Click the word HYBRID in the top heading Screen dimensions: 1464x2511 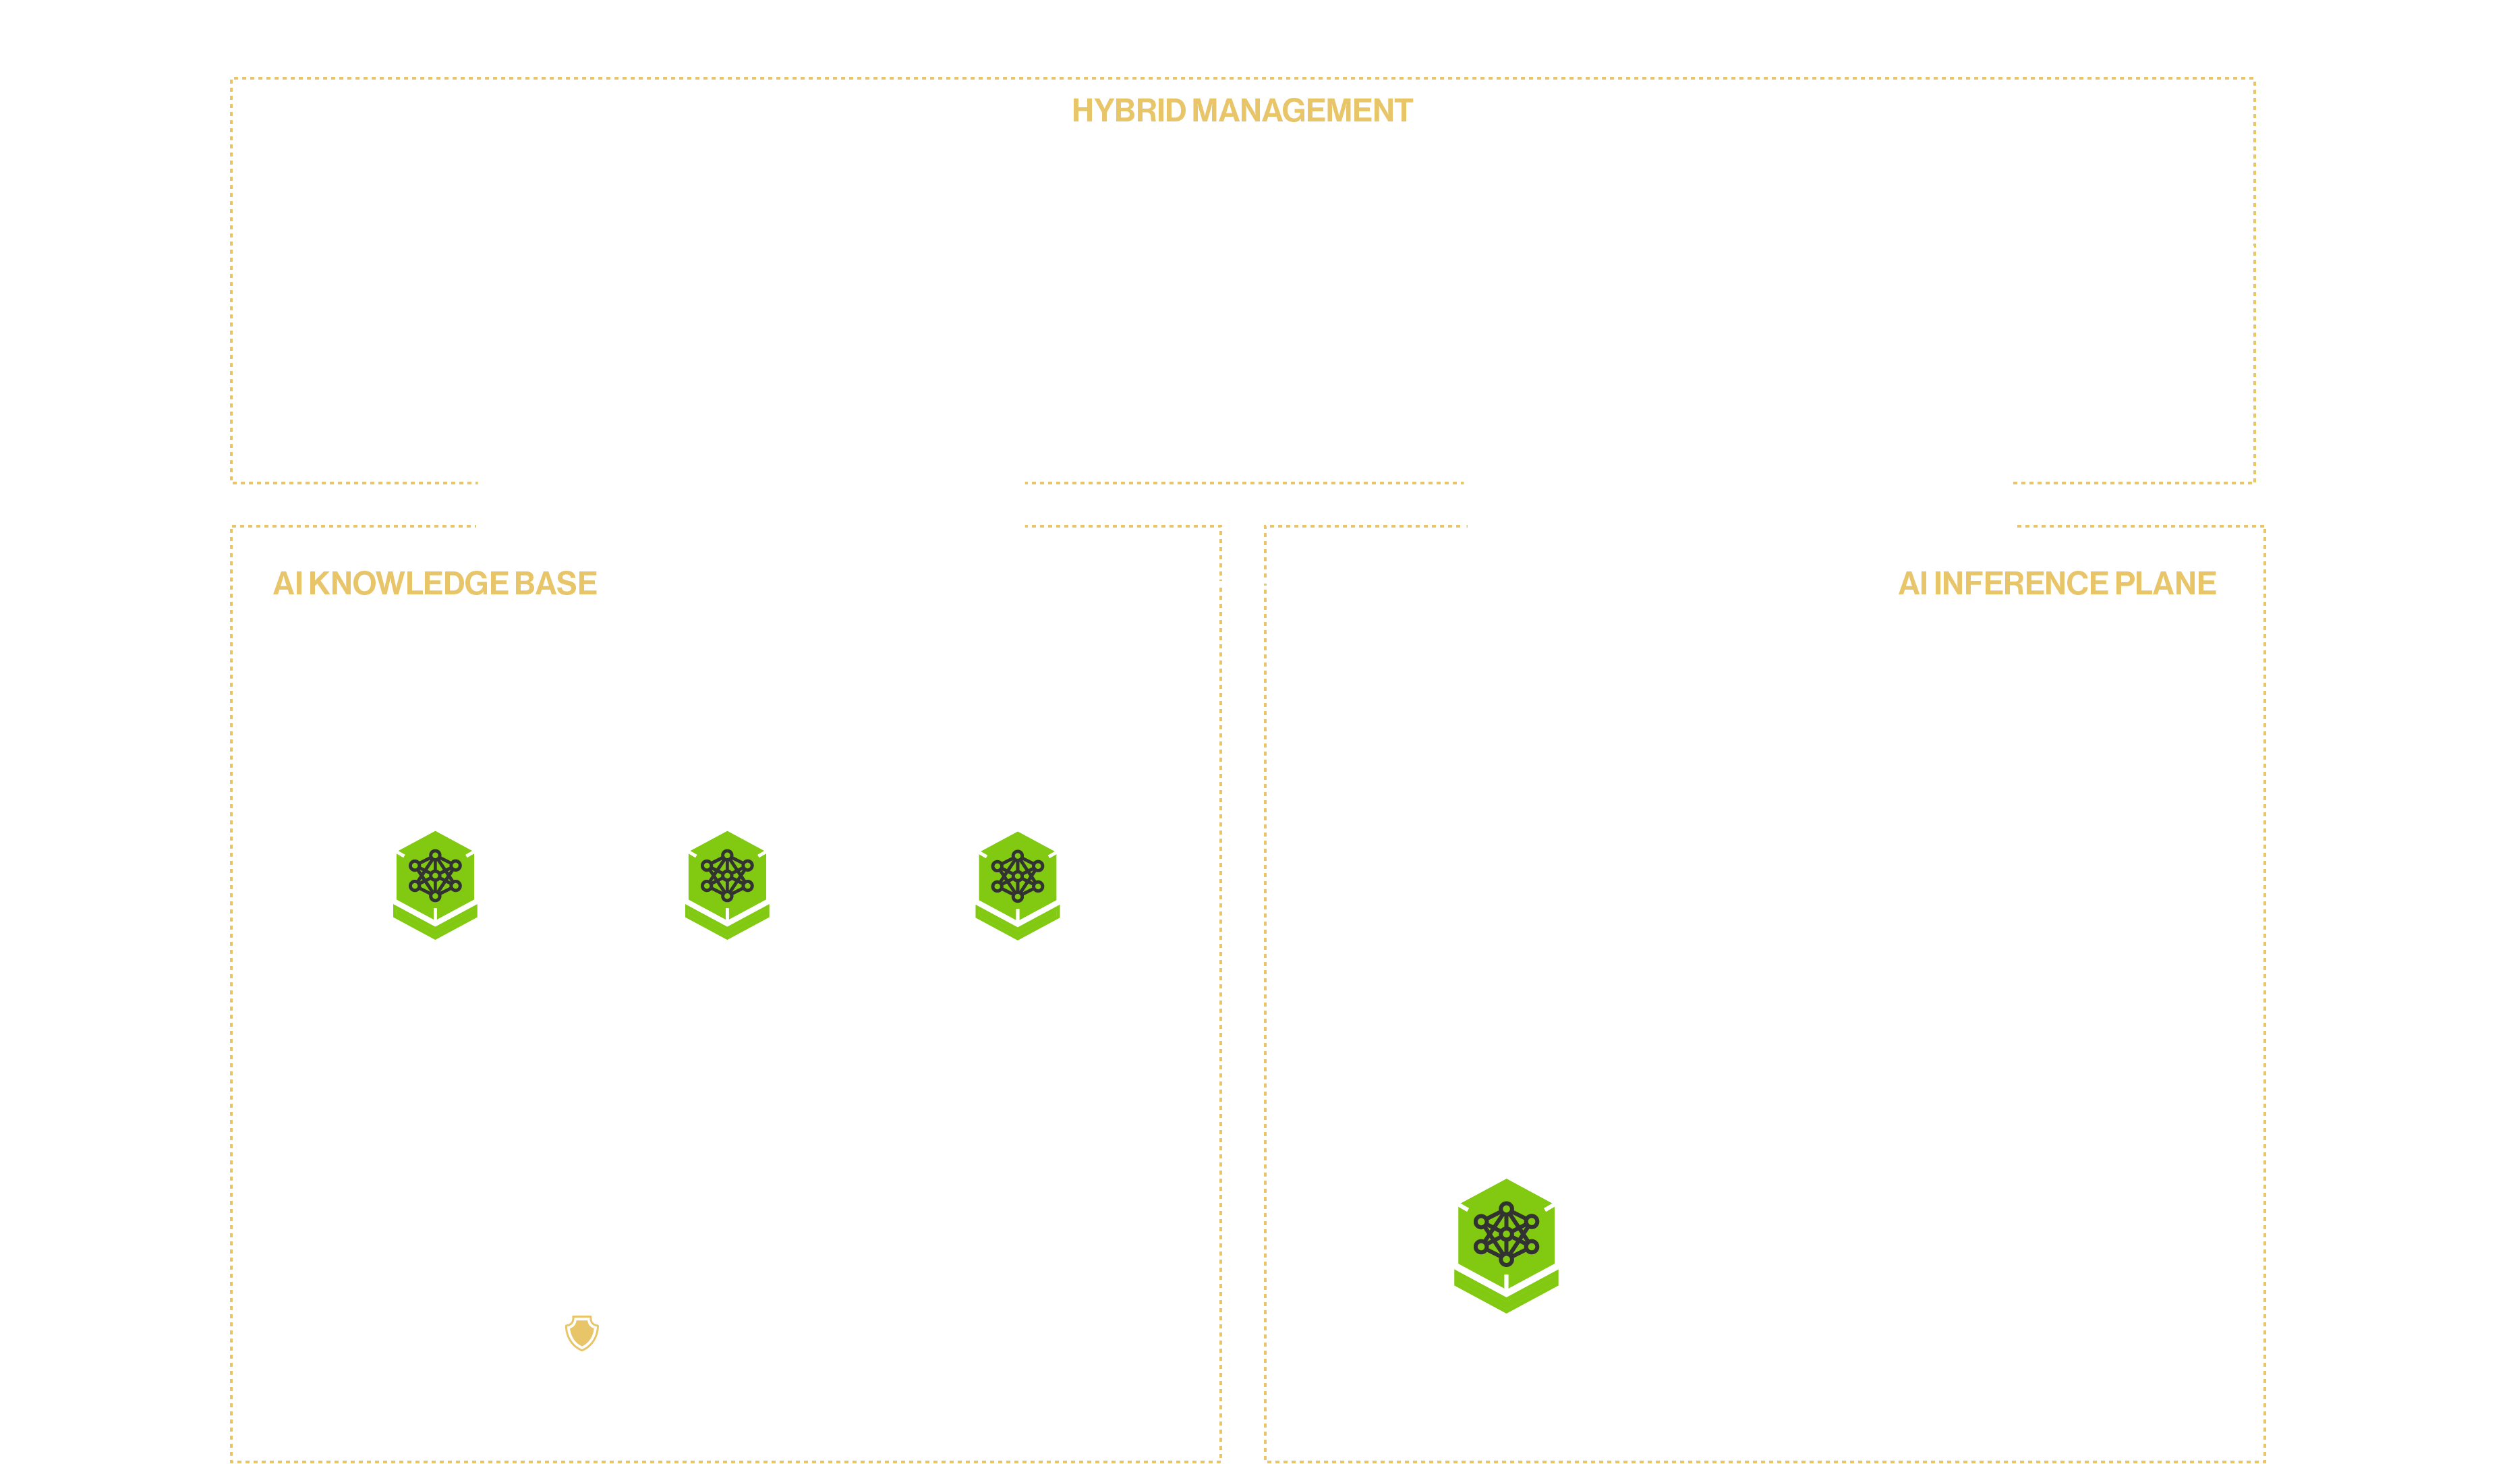pyautogui.click(x=1128, y=111)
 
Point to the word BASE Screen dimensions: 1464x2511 pyautogui.click(x=555, y=583)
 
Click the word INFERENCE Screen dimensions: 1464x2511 pyautogui.click(x=2020, y=583)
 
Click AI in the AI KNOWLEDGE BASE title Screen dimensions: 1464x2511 pyautogui.click(x=287, y=583)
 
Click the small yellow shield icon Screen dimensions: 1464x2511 pyautogui.click(x=582, y=1332)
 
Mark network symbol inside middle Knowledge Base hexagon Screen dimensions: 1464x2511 pyautogui.click(x=727, y=875)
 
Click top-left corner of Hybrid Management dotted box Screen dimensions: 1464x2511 pyautogui.click(x=232, y=79)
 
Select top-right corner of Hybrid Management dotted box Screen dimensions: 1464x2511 pyautogui.click(x=2254, y=79)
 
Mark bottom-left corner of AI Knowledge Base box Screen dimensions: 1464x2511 pyautogui.click(x=232, y=1461)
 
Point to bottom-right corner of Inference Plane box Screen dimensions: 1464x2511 pyautogui.click(x=2264, y=1461)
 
